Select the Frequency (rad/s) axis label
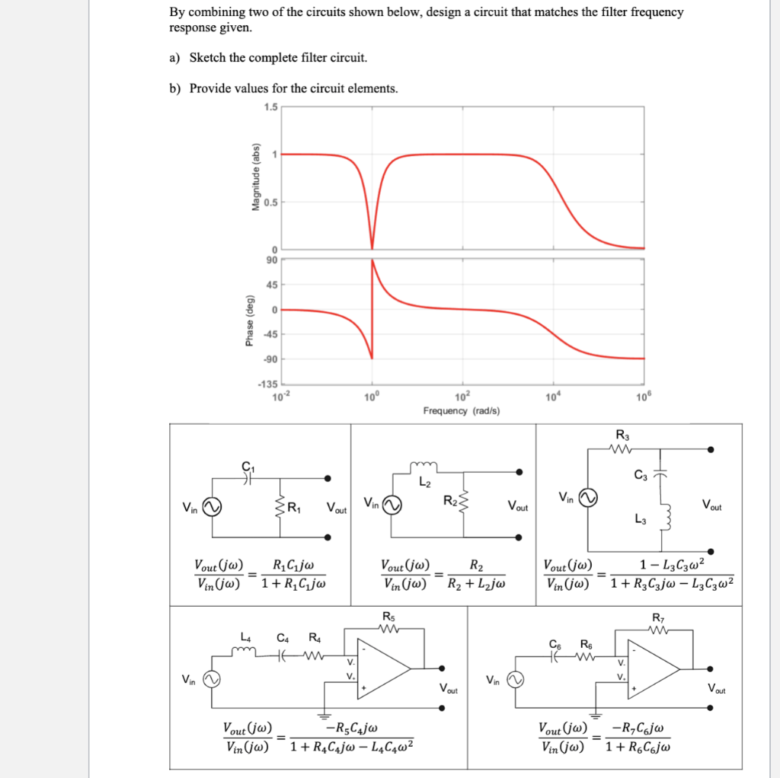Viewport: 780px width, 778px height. click(x=462, y=411)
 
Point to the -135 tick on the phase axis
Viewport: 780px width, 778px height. click(x=270, y=382)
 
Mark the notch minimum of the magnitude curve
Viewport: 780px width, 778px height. click(x=372, y=247)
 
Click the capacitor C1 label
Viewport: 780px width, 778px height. click(x=246, y=467)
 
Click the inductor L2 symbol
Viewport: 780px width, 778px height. click(x=425, y=467)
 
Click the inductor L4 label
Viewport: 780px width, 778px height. click(x=245, y=637)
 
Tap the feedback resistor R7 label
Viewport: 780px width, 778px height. click(x=657, y=617)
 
